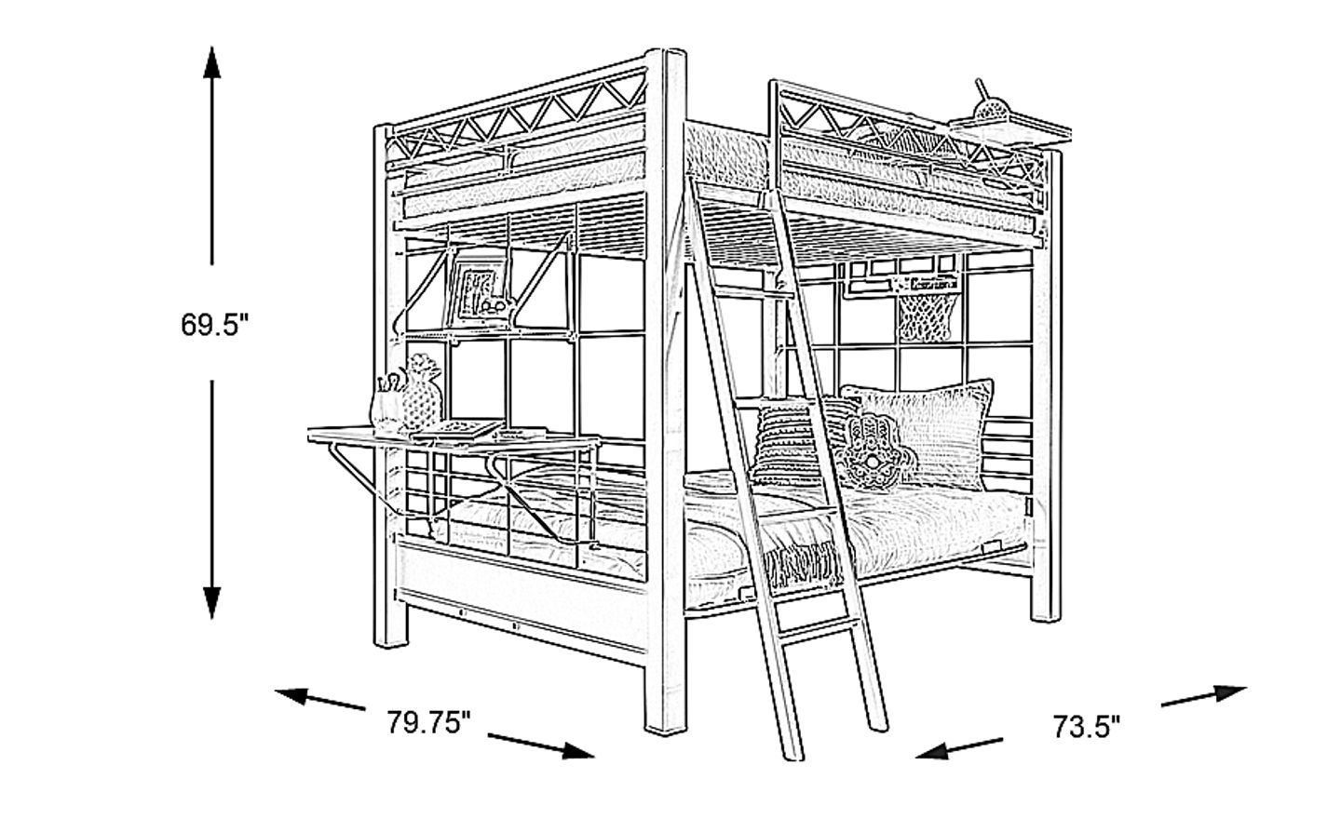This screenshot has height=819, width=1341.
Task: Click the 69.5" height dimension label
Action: click(214, 325)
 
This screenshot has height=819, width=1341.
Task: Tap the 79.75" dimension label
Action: click(428, 723)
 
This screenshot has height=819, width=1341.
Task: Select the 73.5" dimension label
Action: click(1087, 728)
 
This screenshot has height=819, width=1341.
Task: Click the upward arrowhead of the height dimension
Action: click(211, 62)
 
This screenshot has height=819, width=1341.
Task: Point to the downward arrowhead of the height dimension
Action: click(211, 602)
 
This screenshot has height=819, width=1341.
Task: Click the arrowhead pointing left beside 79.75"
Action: click(291, 695)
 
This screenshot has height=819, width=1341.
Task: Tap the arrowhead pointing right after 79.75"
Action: click(577, 751)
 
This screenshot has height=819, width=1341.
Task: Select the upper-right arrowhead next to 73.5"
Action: click(1230, 692)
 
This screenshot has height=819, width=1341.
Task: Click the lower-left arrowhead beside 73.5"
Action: click(933, 751)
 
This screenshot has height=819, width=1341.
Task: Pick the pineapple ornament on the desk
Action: click(422, 392)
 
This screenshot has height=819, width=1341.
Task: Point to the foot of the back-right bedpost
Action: click(1045, 616)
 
